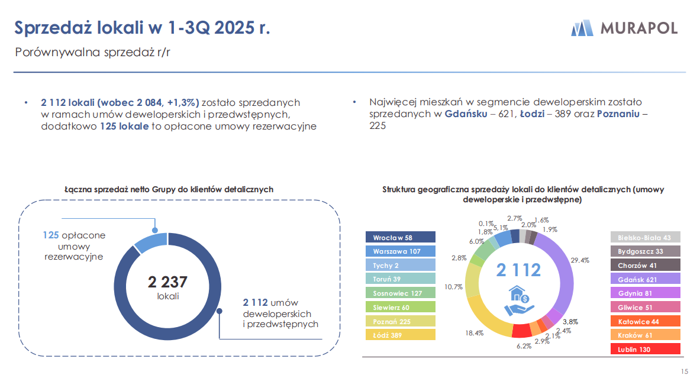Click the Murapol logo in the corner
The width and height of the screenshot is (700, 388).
pos(624,28)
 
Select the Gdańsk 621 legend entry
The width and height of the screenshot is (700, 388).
pos(645,279)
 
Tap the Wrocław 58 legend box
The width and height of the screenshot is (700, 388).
pos(401,237)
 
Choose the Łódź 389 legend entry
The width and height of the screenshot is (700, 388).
pos(401,335)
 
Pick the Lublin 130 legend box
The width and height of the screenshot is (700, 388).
pos(645,349)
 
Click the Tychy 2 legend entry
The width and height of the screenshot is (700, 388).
pos(401,265)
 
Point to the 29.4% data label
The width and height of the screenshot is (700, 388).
pos(580,260)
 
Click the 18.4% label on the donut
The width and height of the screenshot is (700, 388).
pos(475,333)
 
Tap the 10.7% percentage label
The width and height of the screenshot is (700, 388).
pos(453,287)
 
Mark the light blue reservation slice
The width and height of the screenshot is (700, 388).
pos(151,242)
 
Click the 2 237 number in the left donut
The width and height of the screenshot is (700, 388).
pos(167,282)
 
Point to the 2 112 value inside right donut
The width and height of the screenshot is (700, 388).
pos(518,270)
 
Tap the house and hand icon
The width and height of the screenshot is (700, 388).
pos(518,300)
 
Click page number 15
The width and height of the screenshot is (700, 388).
pos(685,371)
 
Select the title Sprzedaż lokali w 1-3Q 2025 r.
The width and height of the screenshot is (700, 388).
pos(142,28)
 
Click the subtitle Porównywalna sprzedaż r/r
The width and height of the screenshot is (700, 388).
pos(92,52)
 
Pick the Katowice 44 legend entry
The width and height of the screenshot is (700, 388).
pos(645,321)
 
